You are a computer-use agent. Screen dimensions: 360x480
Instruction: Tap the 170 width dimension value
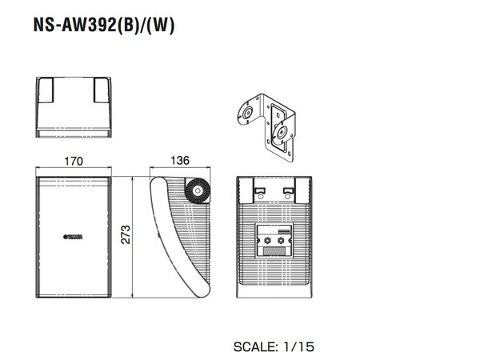73,161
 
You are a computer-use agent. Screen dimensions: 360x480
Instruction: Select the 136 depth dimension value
180,161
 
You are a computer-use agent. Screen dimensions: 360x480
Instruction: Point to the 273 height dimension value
126,234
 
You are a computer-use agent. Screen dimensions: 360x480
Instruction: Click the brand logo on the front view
74,235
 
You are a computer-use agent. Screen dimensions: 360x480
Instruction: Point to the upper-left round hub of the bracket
249,113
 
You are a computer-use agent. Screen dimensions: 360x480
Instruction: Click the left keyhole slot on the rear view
259,190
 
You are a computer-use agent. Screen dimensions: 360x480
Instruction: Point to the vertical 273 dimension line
132,234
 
